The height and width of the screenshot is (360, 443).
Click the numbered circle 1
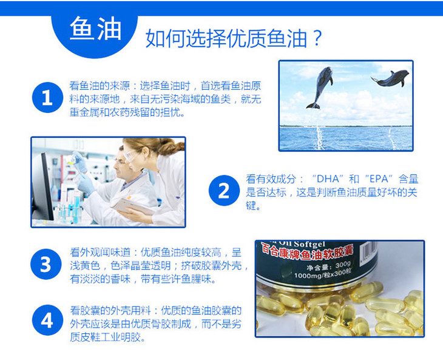(47, 98)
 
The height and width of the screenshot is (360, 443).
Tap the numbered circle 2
(224, 191)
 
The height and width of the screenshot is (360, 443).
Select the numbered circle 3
(46, 264)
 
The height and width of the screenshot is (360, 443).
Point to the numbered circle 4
(47, 320)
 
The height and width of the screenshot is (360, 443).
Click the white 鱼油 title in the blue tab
(95, 29)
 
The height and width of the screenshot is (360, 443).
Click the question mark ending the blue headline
(317, 38)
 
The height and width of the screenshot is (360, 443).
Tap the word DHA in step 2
(328, 179)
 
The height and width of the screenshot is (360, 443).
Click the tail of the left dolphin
(313, 106)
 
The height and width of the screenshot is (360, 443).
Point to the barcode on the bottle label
(369, 252)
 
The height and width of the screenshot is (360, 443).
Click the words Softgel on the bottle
(309, 244)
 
